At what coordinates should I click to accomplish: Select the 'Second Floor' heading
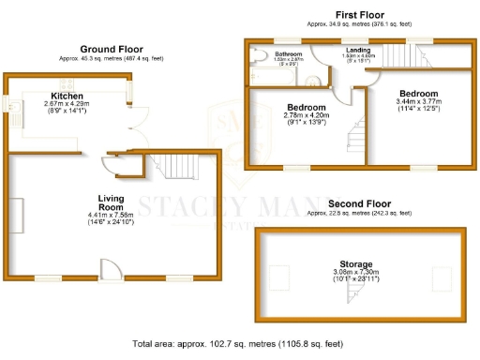point(359,202)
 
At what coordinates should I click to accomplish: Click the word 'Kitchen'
point(67,96)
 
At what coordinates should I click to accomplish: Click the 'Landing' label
point(357,50)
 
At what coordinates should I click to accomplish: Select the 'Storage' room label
point(359,264)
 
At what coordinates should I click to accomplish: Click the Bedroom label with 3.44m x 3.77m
point(418,94)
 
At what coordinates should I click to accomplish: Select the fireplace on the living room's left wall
point(15,211)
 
